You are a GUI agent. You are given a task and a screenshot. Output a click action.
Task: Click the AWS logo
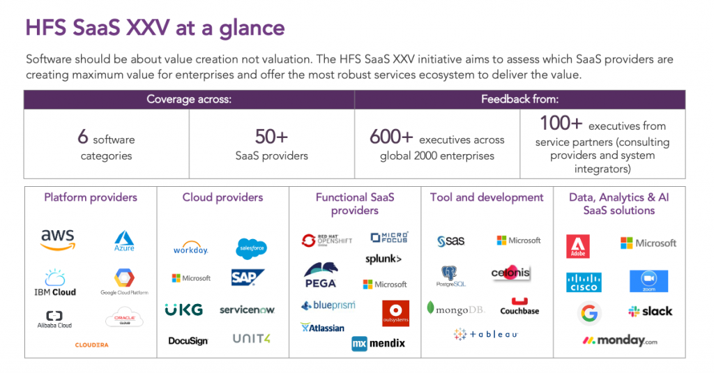coord(57,238)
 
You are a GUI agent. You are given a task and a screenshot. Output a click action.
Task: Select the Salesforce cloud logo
coord(251,247)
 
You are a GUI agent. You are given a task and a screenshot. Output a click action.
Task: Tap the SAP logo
coord(248,277)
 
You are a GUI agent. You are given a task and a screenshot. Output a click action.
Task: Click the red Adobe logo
coord(578,246)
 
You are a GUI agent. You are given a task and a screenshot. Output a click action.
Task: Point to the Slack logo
coord(650,311)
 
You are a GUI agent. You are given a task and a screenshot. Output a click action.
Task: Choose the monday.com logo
coord(620,341)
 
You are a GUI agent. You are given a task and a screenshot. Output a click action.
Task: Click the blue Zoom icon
coord(648,281)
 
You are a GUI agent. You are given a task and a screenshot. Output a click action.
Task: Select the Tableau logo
coord(486,335)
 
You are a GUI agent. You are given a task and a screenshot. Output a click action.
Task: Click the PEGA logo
coord(321,275)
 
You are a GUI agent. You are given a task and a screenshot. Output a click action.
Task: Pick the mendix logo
coord(378,343)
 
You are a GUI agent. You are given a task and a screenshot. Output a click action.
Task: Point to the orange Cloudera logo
coord(92,344)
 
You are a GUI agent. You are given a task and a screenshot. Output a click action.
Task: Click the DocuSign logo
coord(188,341)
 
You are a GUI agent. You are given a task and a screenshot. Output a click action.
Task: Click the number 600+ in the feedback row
coord(391,138)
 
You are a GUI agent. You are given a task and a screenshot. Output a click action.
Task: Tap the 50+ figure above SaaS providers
coord(271,137)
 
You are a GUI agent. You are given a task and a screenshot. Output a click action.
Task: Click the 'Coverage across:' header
coord(188,100)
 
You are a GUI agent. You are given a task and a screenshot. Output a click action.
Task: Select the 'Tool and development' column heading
coord(487,197)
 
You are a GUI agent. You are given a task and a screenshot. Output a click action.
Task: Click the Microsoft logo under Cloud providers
coord(191,278)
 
